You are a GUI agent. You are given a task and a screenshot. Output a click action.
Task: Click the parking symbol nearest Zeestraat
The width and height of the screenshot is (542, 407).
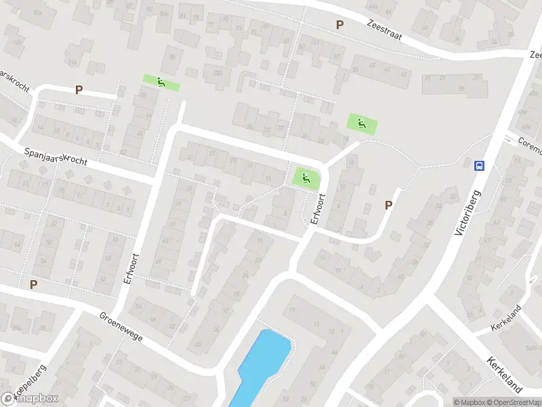tap(339, 24)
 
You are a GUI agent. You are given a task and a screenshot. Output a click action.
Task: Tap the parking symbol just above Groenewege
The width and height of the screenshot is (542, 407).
tap(33, 285)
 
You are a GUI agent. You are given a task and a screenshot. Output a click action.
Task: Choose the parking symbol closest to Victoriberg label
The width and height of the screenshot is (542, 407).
tap(389, 205)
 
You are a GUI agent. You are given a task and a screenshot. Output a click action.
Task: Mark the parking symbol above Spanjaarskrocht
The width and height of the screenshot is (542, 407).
tap(79, 90)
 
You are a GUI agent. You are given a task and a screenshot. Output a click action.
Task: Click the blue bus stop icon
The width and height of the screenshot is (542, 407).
tap(480, 166)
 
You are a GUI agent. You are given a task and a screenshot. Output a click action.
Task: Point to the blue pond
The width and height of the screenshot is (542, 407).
tap(262, 366)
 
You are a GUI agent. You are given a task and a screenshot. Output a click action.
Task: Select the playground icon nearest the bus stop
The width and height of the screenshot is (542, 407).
tap(362, 123)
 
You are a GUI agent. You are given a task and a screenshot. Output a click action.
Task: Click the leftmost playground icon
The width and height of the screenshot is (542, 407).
tap(161, 83)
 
